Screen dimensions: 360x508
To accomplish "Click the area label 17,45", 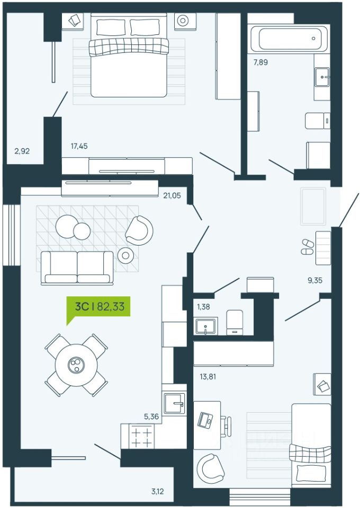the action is (79, 146).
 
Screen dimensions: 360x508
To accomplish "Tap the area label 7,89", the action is (260, 62).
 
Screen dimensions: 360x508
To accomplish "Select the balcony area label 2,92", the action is (22, 151).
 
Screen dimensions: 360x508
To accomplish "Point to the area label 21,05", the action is (172, 195).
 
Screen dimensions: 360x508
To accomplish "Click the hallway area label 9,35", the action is (315, 280).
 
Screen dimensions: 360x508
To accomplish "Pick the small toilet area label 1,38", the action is (203, 307).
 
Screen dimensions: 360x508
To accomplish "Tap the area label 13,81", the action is (208, 377).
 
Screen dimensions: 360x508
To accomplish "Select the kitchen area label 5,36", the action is (151, 416).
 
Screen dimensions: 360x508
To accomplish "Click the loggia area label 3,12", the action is (157, 492).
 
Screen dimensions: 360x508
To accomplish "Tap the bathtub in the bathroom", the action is (289, 39).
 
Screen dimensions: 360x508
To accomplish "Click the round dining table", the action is (76, 365).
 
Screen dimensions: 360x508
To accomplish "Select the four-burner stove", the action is (141, 436).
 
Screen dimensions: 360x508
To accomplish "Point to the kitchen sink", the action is (174, 403).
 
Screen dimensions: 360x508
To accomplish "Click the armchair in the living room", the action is (139, 230).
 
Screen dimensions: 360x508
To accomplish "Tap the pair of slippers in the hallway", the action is (307, 247).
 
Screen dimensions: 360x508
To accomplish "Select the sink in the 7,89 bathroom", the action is (322, 77).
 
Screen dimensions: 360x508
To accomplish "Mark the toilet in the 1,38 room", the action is (235, 322).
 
